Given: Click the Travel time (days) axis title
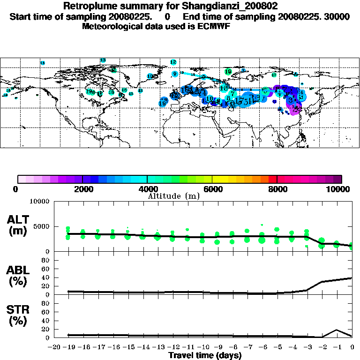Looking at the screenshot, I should pyautogui.click(x=205, y=355).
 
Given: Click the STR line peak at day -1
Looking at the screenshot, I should pyautogui.click(x=337, y=330).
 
